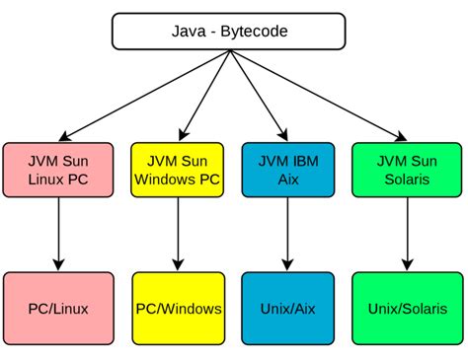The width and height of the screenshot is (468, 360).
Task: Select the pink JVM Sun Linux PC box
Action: [58, 169]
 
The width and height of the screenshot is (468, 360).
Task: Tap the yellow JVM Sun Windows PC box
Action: [178, 169]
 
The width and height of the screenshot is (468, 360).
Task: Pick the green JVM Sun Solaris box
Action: [405, 169]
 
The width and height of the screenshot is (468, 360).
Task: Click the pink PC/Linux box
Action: [58, 309]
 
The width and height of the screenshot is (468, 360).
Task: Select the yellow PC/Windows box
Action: [178, 309]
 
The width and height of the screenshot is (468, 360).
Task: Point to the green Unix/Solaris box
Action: [405, 309]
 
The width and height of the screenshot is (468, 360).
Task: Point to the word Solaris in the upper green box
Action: [405, 179]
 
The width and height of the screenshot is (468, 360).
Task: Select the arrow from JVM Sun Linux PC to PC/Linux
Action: [58, 232]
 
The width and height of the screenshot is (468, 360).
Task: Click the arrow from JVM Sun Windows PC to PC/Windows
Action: [178, 232]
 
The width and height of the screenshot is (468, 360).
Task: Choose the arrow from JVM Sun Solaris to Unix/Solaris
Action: [405, 232]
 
